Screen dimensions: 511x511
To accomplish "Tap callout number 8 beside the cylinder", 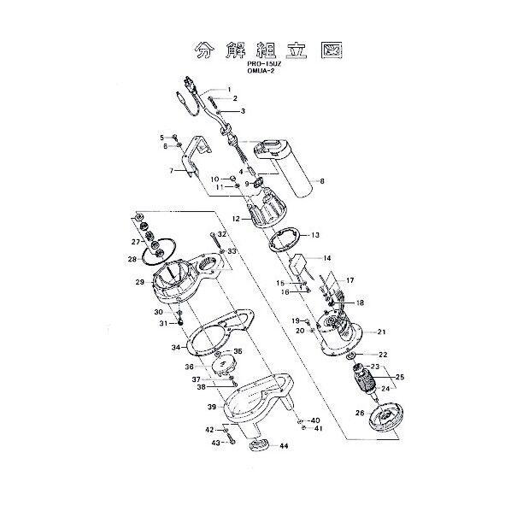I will [321, 181].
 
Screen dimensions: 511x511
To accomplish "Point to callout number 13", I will [315, 234].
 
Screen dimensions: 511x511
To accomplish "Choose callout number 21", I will [382, 332].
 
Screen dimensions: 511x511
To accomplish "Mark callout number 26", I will [358, 414].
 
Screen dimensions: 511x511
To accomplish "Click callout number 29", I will [138, 282].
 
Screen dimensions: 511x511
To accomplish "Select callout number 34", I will [175, 347].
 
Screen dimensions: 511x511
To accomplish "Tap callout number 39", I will [211, 407].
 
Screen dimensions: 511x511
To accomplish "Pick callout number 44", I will [284, 447].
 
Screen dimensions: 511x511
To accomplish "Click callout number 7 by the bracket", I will [173, 171].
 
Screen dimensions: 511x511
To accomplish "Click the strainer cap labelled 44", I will [258, 447].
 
